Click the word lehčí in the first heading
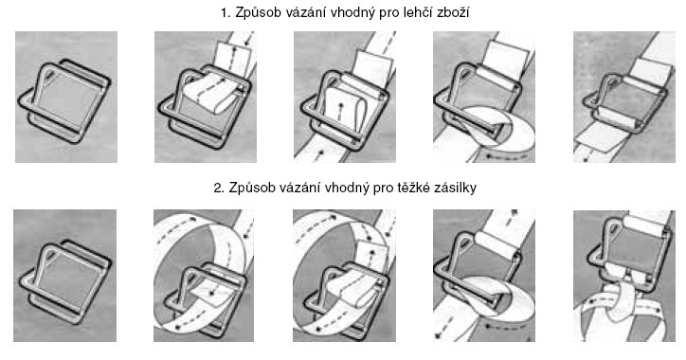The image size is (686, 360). [x=419, y=12]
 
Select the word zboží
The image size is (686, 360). [x=453, y=12]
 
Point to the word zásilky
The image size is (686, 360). [x=456, y=188]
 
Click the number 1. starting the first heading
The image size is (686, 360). [x=226, y=12]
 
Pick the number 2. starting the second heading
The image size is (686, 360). [x=219, y=188]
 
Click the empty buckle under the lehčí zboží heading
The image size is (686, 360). [x=30, y=109]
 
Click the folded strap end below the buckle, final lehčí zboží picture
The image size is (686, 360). [x=601, y=141]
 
